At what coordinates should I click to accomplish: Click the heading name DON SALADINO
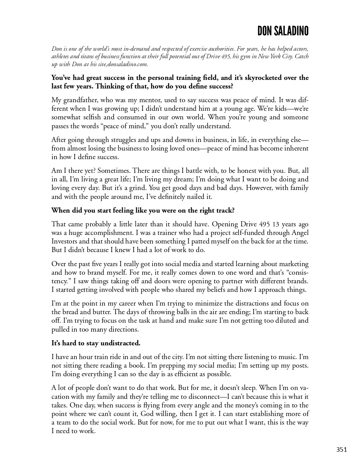coord(283,31)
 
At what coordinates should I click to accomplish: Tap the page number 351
coord(341,449)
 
